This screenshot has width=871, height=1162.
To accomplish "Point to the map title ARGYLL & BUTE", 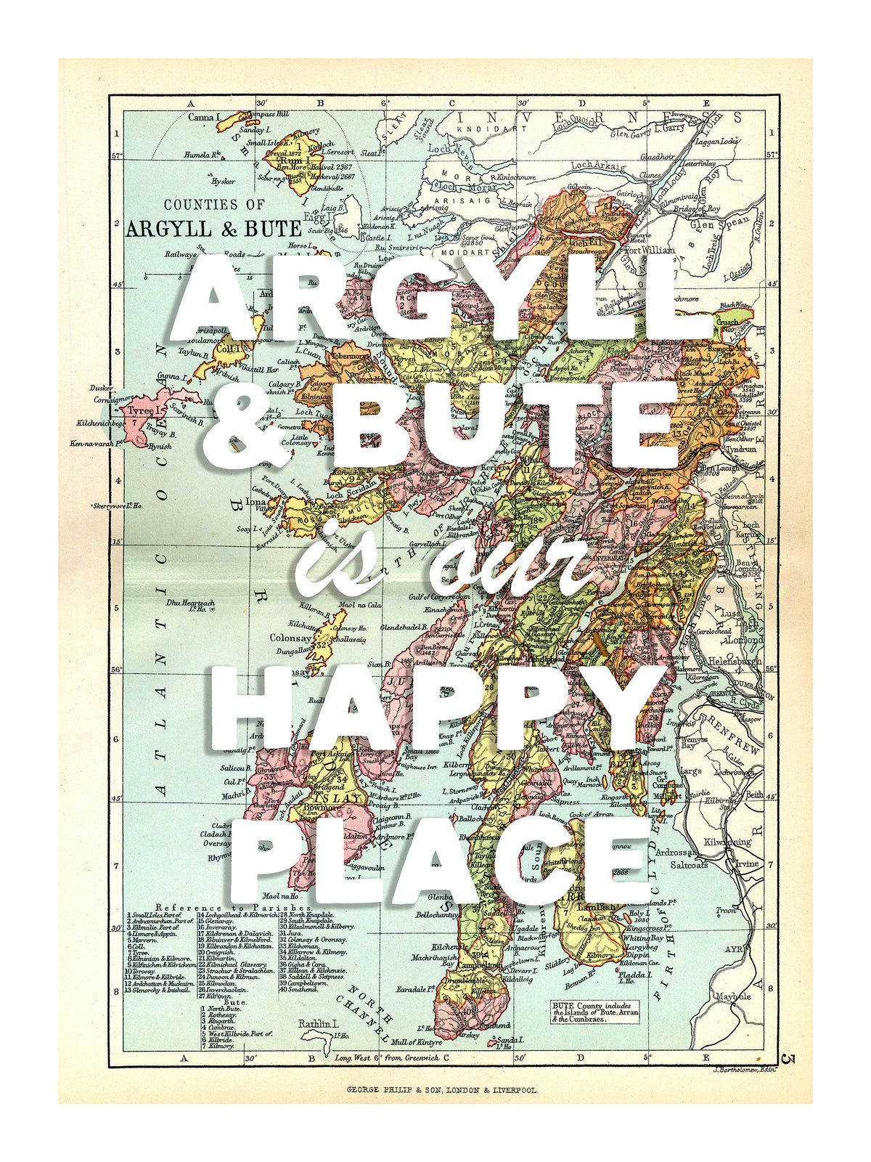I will pyautogui.click(x=213, y=229).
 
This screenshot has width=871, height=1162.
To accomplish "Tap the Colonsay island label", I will pyautogui.click(x=290, y=638).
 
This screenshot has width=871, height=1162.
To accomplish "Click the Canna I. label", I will pyautogui.click(x=204, y=117).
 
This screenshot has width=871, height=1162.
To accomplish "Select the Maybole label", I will pyautogui.click(x=732, y=996).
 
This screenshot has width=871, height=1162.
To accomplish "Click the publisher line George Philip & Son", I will pyautogui.click(x=442, y=1090).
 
